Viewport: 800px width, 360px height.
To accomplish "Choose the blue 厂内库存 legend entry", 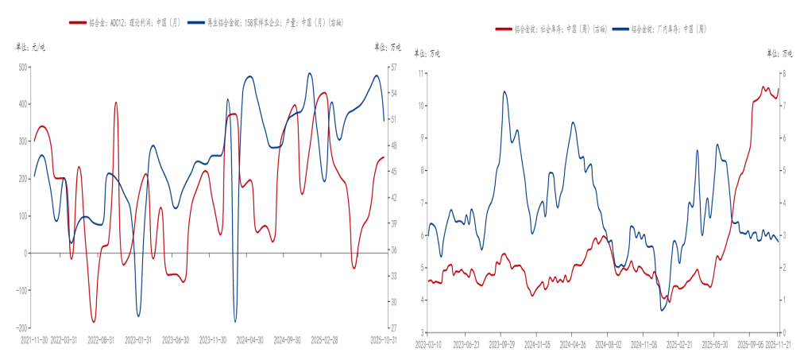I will click(x=667, y=29).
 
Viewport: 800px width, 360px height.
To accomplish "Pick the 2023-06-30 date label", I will click(x=176, y=339).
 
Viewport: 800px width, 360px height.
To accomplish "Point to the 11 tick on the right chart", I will click(x=422, y=72).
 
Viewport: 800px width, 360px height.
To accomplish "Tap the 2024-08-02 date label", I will click(x=609, y=344).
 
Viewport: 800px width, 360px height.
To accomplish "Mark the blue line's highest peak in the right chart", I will click(x=504, y=91).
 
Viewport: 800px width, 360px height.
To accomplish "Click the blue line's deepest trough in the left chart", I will click(x=235, y=321).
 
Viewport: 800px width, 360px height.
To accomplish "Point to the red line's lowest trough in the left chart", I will click(x=94, y=322).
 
